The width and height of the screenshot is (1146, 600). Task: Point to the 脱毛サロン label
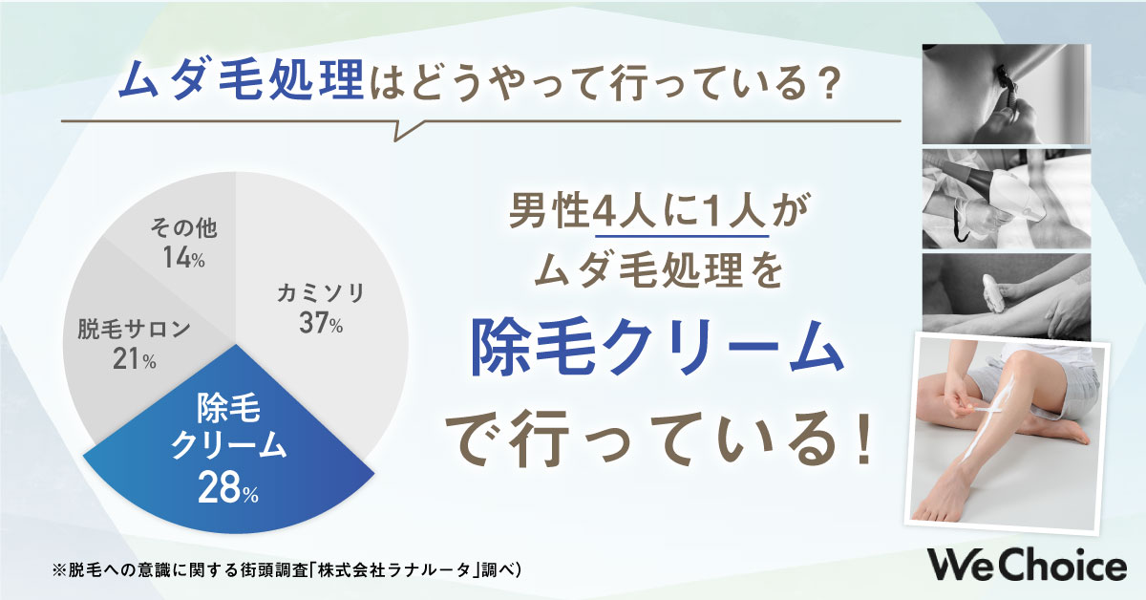134,330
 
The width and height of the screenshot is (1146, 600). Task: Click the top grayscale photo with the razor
1006,91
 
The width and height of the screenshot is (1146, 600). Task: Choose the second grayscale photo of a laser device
1006,198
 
